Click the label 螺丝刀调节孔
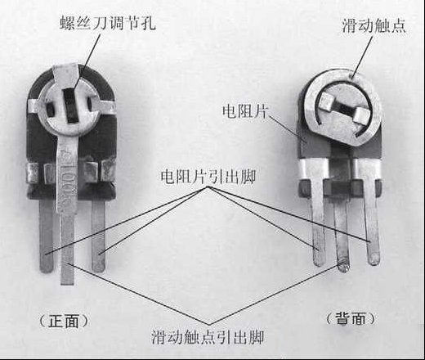108,22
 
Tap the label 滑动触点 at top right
374,25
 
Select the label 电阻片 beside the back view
245,111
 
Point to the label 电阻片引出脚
208,177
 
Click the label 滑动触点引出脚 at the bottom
208,337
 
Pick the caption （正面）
64,321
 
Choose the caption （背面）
351,318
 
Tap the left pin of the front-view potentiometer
46,236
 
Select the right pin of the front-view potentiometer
98,236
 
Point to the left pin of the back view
317,223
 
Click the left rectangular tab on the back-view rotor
325,101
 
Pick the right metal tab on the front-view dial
102,106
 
